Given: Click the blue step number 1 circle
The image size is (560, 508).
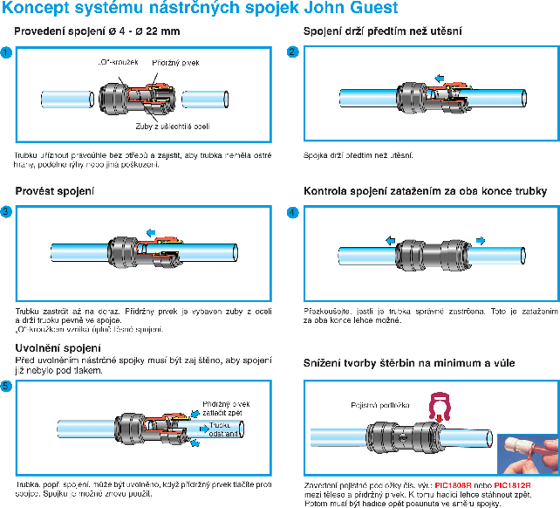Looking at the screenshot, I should point(6,53).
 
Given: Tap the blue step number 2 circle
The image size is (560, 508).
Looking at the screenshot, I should point(293,52).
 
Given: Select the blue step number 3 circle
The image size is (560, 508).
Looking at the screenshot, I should point(6,211).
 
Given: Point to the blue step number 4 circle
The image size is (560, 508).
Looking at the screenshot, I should point(293,211).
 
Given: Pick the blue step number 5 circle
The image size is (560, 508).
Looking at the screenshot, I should point(6,387).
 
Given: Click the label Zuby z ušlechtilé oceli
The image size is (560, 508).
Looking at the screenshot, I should point(182,127).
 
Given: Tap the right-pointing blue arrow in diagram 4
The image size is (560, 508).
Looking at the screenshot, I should point(481,240).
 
